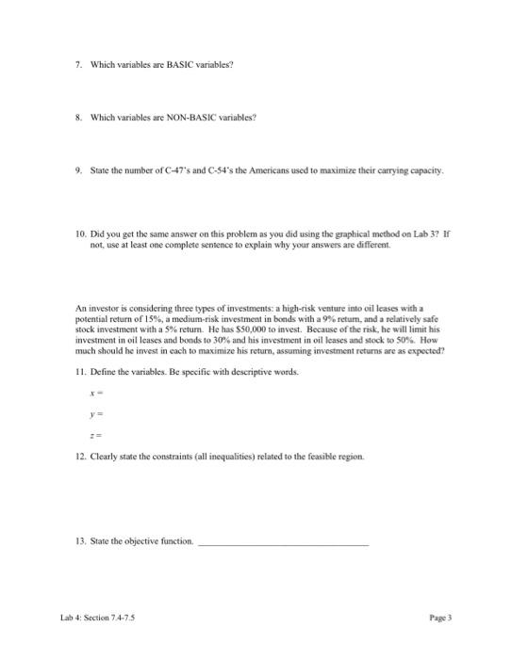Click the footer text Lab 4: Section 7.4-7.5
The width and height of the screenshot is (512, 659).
pyautogui.click(x=97, y=618)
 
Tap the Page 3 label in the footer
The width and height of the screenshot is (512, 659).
pyautogui.click(x=440, y=618)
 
